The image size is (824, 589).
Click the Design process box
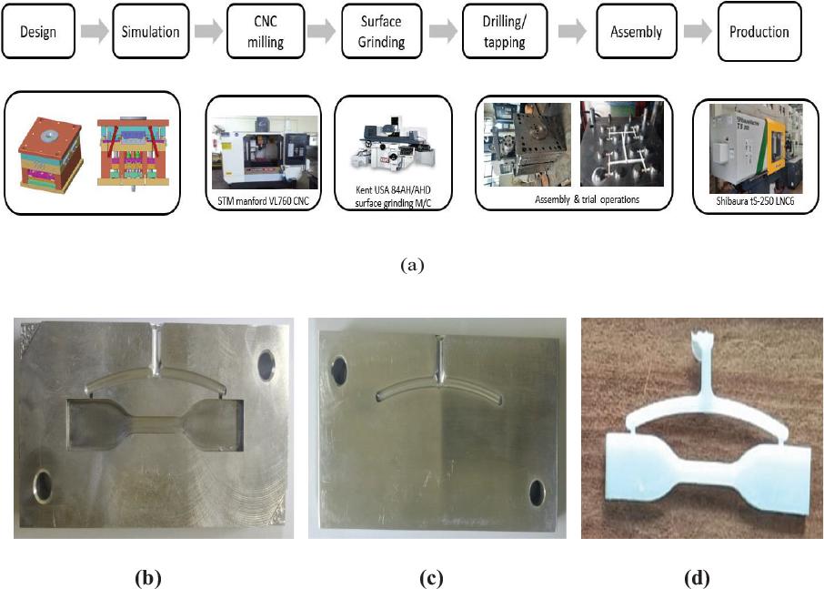(x=38, y=32)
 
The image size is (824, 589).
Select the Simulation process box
(x=151, y=32)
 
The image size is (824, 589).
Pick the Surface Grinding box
(x=383, y=33)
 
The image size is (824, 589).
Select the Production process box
(x=759, y=32)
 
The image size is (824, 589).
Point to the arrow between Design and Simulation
(x=94, y=33)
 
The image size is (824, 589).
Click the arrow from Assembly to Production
(x=696, y=33)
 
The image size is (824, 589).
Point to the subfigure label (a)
(x=412, y=266)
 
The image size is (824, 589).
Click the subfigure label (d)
(x=698, y=577)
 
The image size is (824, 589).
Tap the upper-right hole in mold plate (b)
(x=266, y=364)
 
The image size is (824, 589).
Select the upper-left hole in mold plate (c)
(x=338, y=369)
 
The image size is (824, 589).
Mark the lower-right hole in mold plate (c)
(x=536, y=493)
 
